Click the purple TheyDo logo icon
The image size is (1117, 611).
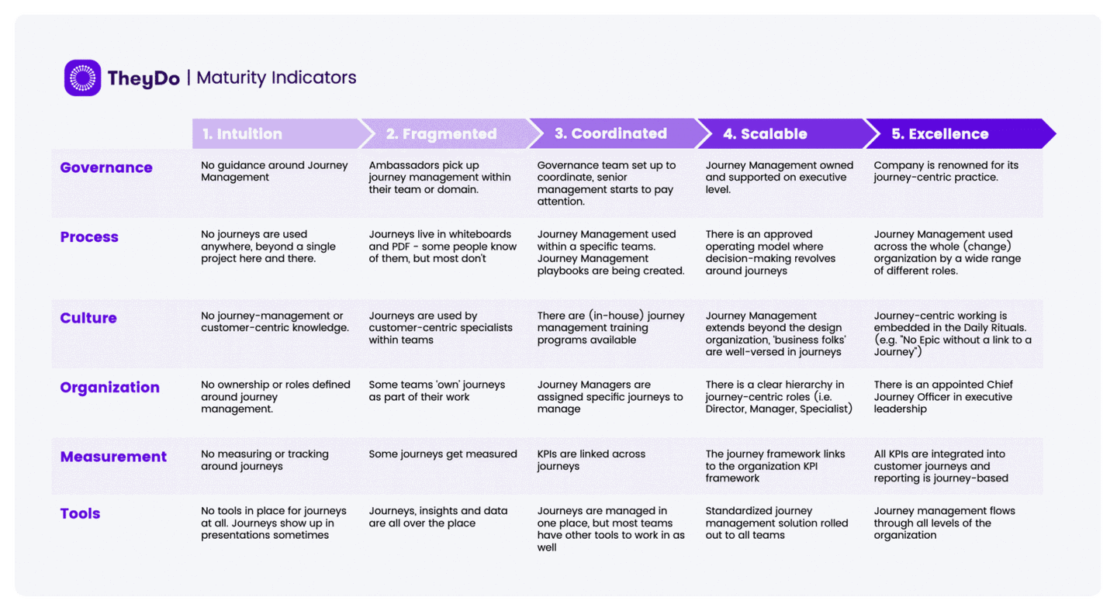[x=82, y=78]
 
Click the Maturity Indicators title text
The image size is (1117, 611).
[x=276, y=78]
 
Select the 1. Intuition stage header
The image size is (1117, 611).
[x=242, y=133]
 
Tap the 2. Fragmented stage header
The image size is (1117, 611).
[x=441, y=133]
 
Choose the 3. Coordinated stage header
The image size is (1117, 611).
[x=611, y=133]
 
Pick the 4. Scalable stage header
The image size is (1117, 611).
[x=765, y=133]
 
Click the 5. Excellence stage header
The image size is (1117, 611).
[x=940, y=133]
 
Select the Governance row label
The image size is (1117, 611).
[x=106, y=167]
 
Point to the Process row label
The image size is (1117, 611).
[x=89, y=236]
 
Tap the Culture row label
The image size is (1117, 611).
[x=88, y=318]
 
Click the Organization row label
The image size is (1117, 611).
[x=109, y=387]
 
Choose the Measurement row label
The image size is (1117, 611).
[x=113, y=457]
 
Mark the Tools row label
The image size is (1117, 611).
[x=81, y=513]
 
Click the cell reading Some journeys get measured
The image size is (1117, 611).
[x=443, y=454]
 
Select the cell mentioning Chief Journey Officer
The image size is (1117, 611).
[x=943, y=397]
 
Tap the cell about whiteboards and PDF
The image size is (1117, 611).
[x=443, y=247]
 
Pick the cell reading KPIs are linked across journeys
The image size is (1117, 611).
[x=591, y=460]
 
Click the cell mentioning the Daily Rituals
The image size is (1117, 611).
[x=953, y=334]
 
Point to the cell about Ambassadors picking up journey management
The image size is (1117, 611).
[x=440, y=178]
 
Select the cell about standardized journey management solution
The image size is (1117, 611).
[x=776, y=523]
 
